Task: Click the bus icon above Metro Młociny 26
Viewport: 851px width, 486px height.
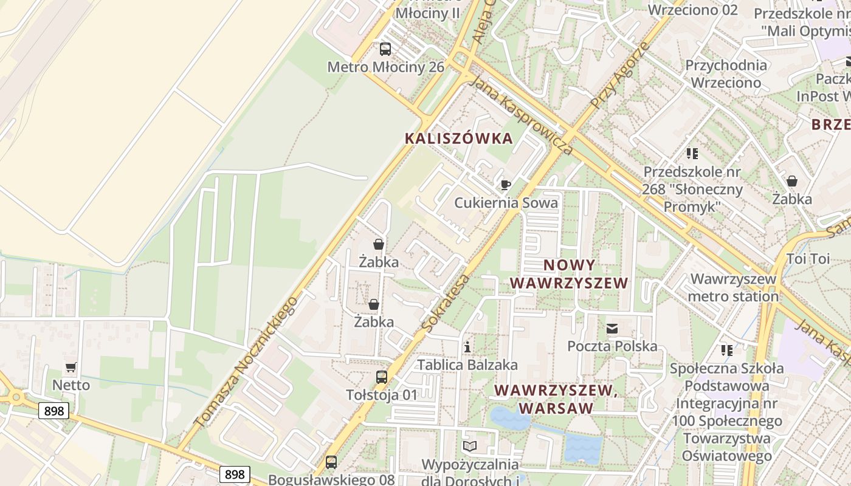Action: click(x=385, y=49)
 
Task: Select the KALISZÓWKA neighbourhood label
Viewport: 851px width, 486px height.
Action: click(x=459, y=139)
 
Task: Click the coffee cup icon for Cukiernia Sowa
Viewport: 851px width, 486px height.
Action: click(x=505, y=185)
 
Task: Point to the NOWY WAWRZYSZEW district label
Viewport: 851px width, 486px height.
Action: click(x=569, y=274)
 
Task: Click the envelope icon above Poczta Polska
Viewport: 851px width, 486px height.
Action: click(x=612, y=329)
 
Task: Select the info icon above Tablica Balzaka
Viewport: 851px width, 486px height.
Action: click(x=467, y=347)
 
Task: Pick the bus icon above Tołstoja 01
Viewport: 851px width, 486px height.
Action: click(x=381, y=377)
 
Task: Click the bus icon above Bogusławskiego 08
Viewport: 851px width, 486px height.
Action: click(x=331, y=462)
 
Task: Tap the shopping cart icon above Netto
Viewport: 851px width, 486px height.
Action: click(x=71, y=367)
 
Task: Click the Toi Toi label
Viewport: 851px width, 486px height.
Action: click(x=808, y=259)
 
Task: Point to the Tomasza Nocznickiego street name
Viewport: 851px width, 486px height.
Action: click(x=246, y=361)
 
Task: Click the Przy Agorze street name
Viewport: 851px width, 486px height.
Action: click(x=619, y=75)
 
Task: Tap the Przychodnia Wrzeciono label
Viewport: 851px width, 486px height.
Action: click(x=726, y=74)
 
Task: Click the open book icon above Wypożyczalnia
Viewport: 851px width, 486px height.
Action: click(x=470, y=447)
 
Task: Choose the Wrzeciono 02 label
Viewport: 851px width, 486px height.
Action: click(x=692, y=10)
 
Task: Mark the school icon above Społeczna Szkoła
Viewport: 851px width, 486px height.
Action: click(x=726, y=351)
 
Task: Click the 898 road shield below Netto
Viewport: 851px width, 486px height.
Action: click(x=54, y=411)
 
